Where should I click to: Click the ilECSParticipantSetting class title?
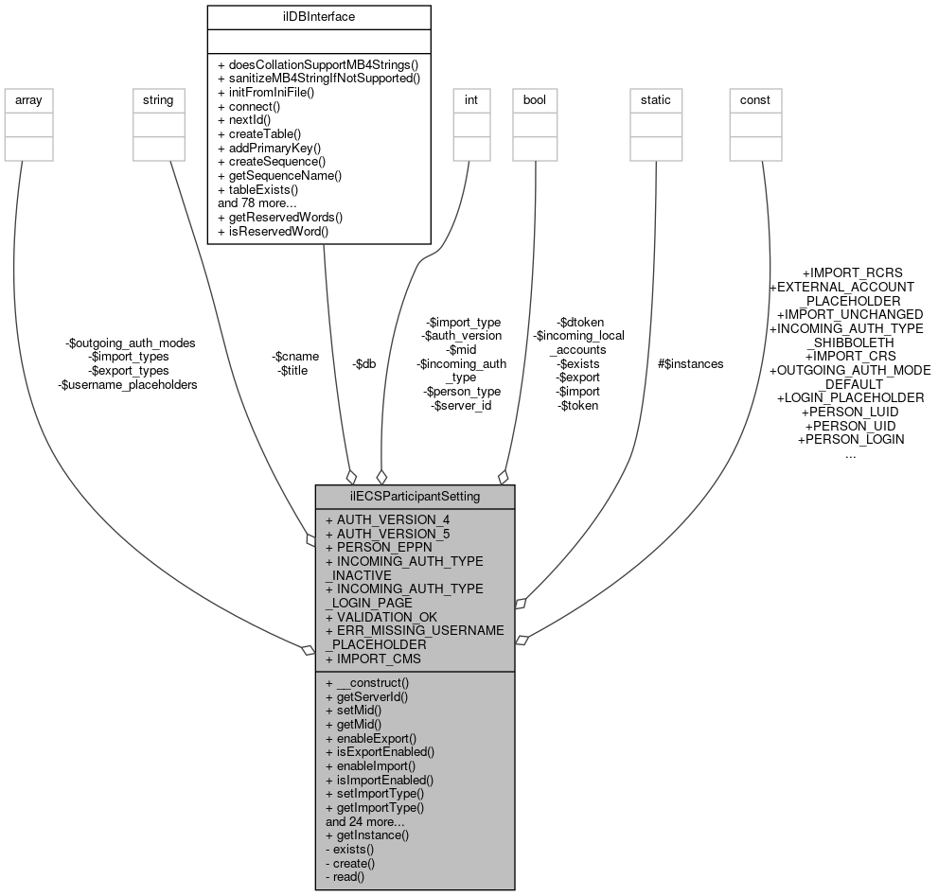(x=415, y=497)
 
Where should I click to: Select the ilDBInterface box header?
(x=318, y=16)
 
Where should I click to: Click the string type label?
(x=157, y=99)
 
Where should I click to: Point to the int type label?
(x=471, y=99)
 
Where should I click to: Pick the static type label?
(x=655, y=99)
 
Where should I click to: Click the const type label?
(x=754, y=99)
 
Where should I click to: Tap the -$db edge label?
(x=363, y=363)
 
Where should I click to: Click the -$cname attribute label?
(x=295, y=356)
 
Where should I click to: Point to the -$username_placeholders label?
(x=128, y=385)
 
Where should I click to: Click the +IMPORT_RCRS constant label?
(x=852, y=272)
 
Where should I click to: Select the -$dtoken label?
(x=580, y=322)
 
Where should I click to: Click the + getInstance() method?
(x=367, y=835)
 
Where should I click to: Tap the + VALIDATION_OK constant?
(x=381, y=617)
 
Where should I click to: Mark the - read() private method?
(x=345, y=877)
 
